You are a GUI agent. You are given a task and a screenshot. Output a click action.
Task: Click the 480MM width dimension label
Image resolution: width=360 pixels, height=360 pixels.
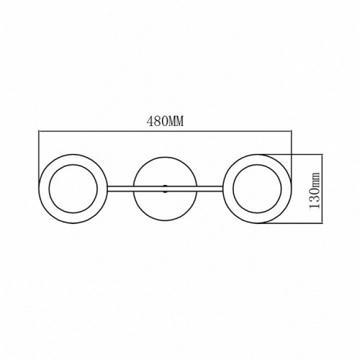click(165, 121)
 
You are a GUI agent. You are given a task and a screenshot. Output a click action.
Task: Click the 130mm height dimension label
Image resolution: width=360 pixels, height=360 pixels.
click(315, 190)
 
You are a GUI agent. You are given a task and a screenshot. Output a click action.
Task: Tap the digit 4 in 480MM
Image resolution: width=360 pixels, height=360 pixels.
click(150, 121)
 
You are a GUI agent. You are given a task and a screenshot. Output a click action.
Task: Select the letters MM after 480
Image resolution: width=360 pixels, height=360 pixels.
click(176, 121)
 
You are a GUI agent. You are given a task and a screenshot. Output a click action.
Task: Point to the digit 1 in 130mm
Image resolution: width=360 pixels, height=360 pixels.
click(315, 205)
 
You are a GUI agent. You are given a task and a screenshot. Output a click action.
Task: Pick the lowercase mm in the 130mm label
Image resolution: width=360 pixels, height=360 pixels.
click(316, 179)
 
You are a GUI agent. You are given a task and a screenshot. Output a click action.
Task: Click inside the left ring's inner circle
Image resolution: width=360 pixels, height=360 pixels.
click(73, 189)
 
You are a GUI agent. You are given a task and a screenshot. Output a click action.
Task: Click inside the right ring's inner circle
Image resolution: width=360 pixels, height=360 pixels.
click(257, 189)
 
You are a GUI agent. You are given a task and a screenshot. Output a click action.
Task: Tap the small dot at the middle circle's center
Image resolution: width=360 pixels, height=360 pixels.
click(165, 189)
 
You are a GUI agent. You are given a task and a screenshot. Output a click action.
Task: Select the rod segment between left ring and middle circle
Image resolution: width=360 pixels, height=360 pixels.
click(120, 189)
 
